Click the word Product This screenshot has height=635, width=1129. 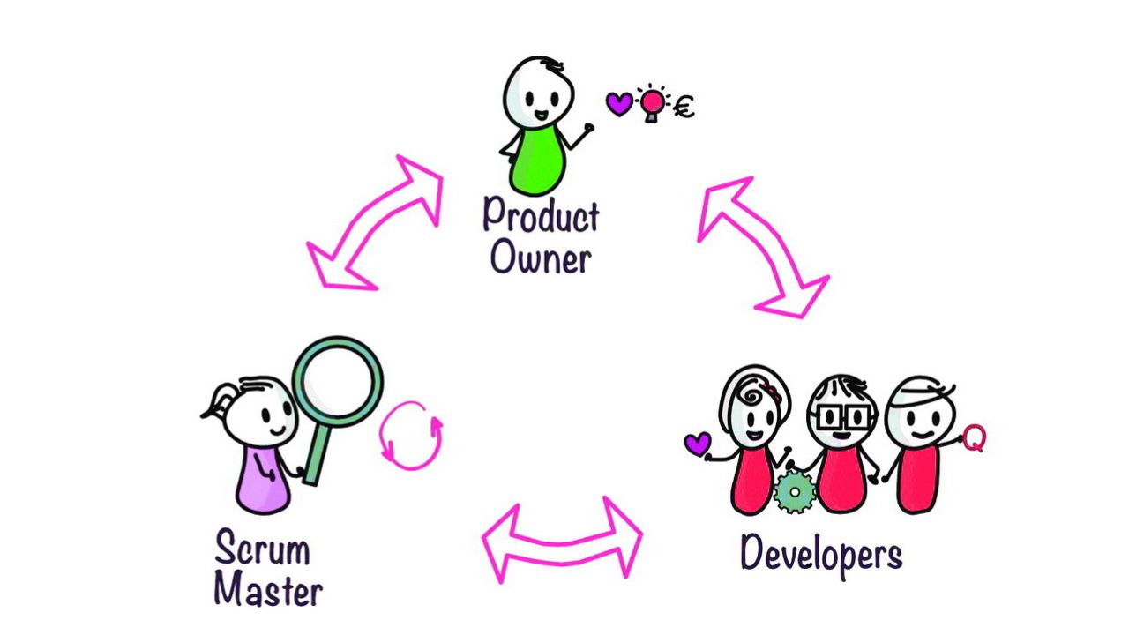point(541,214)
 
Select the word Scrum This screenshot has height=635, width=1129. point(262,549)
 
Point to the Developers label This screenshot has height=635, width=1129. point(821,555)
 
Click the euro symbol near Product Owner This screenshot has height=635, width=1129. point(684,108)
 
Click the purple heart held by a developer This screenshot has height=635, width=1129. point(698,443)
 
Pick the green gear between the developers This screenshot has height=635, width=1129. point(795,491)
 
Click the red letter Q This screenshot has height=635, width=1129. point(973,437)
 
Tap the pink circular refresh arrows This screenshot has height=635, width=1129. point(411,435)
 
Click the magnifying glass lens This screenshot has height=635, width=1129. point(338,382)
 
